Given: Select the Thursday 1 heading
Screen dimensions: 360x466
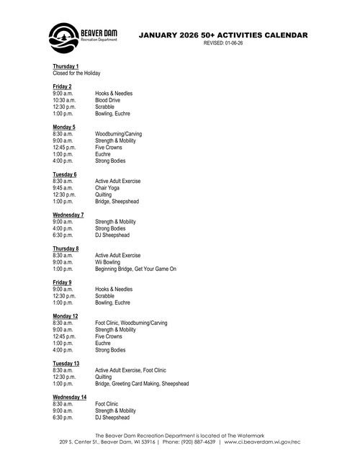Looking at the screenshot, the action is pyautogui.click(x=66, y=66).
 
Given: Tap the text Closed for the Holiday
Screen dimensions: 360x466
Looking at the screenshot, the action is pyautogui.click(x=76, y=73).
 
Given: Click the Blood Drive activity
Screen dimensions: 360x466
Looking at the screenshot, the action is pyautogui.click(x=108, y=100).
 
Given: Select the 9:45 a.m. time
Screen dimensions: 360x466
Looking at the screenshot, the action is pyautogui.click(x=63, y=187).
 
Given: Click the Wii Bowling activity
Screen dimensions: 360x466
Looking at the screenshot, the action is pyautogui.click(x=108, y=262).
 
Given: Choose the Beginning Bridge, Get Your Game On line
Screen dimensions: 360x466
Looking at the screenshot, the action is pyautogui.click(x=135, y=269).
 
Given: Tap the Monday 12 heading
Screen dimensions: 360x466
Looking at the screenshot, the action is pyautogui.click(x=65, y=316).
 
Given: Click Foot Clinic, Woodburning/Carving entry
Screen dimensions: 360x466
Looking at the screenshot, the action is pyautogui.click(x=131, y=323).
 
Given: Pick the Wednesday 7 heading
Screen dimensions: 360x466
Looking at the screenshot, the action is pyautogui.click(x=68, y=215).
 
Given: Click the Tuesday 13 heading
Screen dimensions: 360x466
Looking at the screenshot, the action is pyautogui.click(x=66, y=363).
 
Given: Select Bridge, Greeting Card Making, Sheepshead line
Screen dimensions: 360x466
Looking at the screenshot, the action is pyautogui.click(x=142, y=383).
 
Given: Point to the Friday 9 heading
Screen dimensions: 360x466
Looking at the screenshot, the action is pyautogui.click(x=63, y=282).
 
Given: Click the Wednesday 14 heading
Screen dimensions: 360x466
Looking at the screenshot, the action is pyautogui.click(x=69, y=397).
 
